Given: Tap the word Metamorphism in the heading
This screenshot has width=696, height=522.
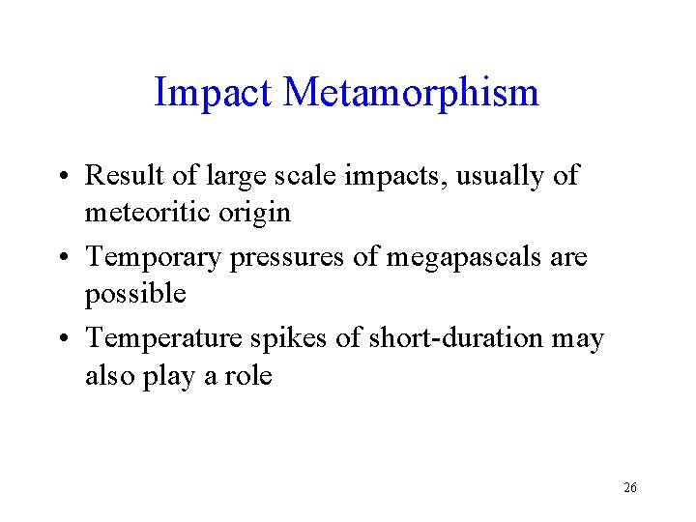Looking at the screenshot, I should pyautogui.click(x=412, y=94).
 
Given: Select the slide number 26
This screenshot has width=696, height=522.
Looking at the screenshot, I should pyautogui.click(x=629, y=488).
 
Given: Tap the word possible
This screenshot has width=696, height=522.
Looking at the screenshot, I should pyautogui.click(x=135, y=293).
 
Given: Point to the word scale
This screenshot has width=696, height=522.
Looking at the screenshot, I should pyautogui.click(x=327, y=176).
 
